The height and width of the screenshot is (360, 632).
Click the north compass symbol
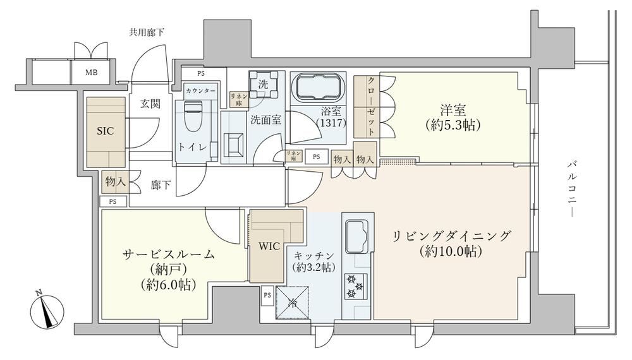48,311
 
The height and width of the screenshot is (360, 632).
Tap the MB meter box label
91,73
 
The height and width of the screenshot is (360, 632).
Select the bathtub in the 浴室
319,88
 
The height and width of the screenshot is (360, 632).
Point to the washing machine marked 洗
263,85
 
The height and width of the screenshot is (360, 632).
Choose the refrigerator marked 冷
292,303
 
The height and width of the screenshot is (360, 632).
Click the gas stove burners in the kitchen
356,286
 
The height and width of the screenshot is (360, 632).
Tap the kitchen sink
356,236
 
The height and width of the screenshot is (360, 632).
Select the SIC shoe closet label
105,131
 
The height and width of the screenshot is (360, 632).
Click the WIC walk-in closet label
269,246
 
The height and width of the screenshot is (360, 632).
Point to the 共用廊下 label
147,32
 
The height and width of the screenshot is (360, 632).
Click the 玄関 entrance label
150,104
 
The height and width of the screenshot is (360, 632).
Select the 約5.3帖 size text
453,126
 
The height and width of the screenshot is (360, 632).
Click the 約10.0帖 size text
451,251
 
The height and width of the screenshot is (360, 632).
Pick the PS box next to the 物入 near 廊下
113,201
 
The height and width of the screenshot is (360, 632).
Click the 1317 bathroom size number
331,123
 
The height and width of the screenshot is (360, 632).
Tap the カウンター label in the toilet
200,91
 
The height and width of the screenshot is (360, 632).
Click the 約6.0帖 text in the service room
169,285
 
